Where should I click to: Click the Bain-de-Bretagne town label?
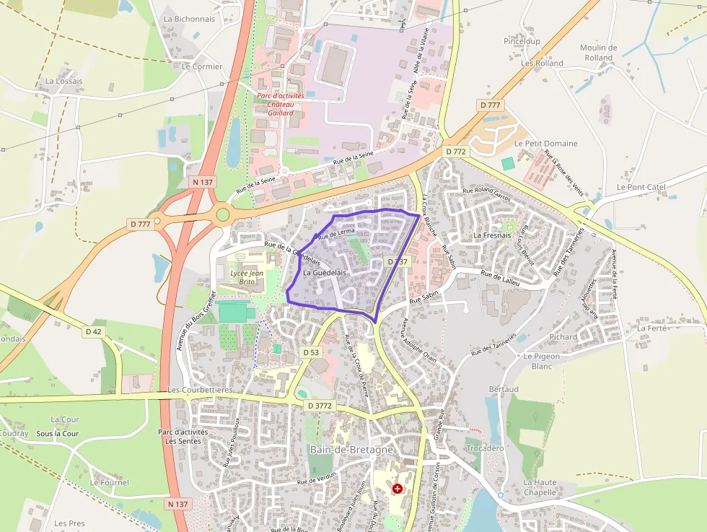pyautogui.click(x=351, y=449)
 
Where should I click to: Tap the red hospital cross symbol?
pyautogui.click(x=397, y=489)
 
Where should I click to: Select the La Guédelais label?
pyautogui.click(x=325, y=273)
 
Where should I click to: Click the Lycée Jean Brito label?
pyautogui.click(x=247, y=277)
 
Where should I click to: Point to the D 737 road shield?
pyautogui.click(x=398, y=261)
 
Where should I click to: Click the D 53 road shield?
pyautogui.click(x=311, y=352)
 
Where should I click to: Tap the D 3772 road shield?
pyautogui.click(x=320, y=406)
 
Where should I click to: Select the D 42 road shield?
pyautogui.click(x=94, y=331)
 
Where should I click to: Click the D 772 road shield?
pyautogui.click(x=456, y=152)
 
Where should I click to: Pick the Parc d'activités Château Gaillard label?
pyautogui.click(x=281, y=104)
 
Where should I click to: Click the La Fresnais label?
pyautogui.click(x=492, y=235)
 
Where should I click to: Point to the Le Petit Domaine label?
pyautogui.click(x=546, y=143)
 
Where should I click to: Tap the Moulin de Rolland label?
pyautogui.click(x=598, y=53)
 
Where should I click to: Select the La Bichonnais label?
pyautogui.click(x=190, y=19)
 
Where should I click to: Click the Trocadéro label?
pyautogui.click(x=486, y=448)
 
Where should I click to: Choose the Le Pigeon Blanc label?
pyautogui.click(x=542, y=361)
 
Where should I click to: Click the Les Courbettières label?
pyautogui.click(x=200, y=390)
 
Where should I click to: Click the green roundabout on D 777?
pyautogui.click(x=223, y=214)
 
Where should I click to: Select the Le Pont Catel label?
pyautogui.click(x=641, y=187)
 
